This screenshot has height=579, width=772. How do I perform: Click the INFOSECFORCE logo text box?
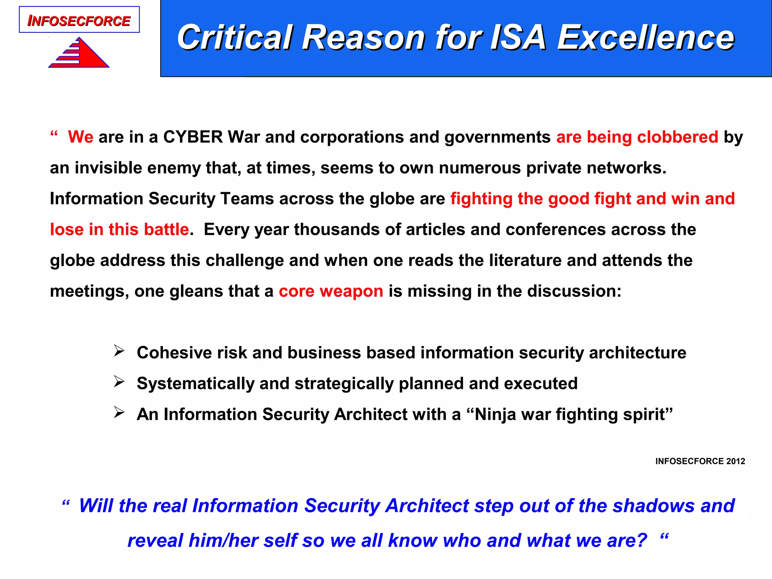click(x=79, y=20)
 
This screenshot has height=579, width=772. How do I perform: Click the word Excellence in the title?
click(x=646, y=37)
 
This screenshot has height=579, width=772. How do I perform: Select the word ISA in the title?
click(x=518, y=37)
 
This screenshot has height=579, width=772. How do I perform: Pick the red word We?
click(x=80, y=137)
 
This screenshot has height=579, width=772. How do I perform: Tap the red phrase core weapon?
click(x=331, y=291)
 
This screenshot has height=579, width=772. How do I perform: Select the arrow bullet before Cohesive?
click(x=119, y=351)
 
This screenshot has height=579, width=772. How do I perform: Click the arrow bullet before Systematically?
click(x=119, y=382)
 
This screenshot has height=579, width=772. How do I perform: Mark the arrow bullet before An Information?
click(x=119, y=413)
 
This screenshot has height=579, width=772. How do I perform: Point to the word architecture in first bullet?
click(x=637, y=353)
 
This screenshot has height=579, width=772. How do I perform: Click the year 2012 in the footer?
click(x=736, y=461)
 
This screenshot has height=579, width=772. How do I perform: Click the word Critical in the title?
click(x=235, y=37)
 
